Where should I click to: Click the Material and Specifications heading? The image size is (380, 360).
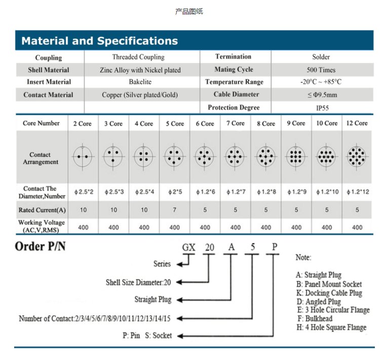point(99,41)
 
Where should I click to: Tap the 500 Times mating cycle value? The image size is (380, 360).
point(321,70)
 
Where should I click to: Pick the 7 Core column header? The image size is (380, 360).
point(236,123)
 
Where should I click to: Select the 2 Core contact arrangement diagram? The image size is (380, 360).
point(83,156)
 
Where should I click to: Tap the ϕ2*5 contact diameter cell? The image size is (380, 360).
point(174,193)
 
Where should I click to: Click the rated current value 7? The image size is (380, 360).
point(174,209)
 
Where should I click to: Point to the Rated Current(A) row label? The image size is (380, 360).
point(42,210)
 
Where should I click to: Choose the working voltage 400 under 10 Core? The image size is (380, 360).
point(327,228)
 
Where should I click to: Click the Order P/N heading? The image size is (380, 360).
point(41,247)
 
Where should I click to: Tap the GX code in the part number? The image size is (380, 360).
point(189,248)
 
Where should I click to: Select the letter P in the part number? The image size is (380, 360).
point(274,247)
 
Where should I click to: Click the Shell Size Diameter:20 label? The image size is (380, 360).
point(138,282)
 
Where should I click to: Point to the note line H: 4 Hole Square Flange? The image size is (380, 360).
point(331,328)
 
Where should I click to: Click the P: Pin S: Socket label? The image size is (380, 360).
point(147,335)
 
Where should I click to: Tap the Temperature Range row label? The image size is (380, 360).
point(235,82)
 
